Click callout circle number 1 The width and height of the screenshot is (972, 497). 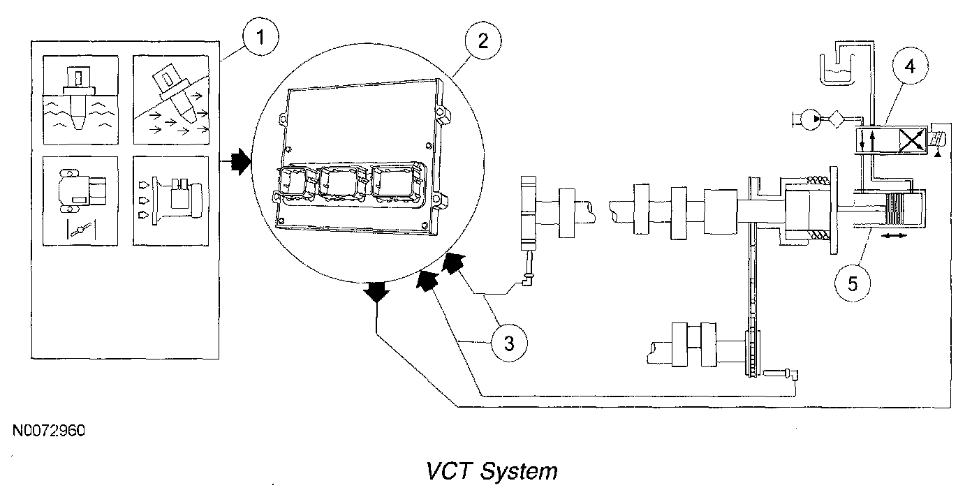coord(260,37)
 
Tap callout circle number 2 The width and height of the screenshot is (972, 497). coord(483,41)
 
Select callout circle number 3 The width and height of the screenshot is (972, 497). coord(509,343)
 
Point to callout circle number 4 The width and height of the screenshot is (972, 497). coord(911,66)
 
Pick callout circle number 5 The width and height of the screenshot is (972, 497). coord(853,283)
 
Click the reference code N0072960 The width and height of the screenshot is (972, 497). coord(49,431)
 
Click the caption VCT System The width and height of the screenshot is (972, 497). coord(492,471)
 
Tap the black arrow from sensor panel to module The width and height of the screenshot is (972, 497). coord(240,161)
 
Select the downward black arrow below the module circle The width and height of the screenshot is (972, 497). coord(376,292)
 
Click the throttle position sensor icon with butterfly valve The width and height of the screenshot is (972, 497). coord(80,201)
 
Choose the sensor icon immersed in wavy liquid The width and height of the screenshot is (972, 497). coord(80,101)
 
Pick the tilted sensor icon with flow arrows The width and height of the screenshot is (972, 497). coord(171,101)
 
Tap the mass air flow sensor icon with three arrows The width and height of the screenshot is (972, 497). coord(171,201)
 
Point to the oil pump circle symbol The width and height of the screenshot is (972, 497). coord(810,119)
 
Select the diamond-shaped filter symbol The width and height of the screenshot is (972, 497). coord(836,119)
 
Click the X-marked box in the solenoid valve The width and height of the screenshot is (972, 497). coord(912,141)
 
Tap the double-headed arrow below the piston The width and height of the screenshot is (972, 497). coord(895,235)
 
